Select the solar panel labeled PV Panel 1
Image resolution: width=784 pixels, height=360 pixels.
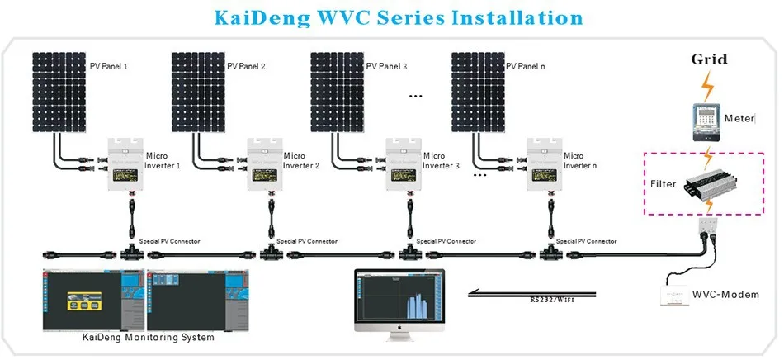(59, 91)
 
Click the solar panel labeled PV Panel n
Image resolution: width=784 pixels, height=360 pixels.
(477, 91)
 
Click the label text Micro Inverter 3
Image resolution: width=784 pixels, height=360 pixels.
(441, 161)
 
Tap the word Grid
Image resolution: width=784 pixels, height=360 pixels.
(709, 59)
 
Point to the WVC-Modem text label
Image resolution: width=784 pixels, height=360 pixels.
(734, 294)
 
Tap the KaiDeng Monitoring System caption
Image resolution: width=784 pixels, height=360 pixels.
(148, 338)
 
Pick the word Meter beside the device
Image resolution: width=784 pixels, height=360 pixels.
(739, 119)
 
